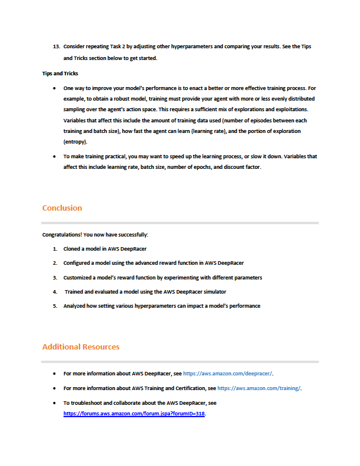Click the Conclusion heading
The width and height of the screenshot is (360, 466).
coord(62,208)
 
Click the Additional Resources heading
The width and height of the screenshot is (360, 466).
coord(81,347)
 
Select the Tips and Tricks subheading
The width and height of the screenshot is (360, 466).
coord(59,75)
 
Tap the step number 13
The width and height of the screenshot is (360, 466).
coord(56,46)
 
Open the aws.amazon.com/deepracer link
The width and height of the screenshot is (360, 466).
coord(228,373)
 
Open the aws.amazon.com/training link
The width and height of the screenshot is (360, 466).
coord(259,388)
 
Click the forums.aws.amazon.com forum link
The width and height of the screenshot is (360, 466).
coord(134,414)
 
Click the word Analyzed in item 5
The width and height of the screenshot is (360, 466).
coord(76,306)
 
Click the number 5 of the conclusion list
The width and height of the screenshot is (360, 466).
coord(55,306)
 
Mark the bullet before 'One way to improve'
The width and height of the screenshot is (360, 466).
coord(55,88)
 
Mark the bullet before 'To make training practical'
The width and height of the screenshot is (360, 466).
coord(55,157)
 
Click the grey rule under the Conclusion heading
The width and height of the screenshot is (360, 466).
coord(180,223)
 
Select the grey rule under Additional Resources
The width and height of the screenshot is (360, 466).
coord(180,361)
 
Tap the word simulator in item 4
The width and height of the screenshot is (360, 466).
coord(212,292)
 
